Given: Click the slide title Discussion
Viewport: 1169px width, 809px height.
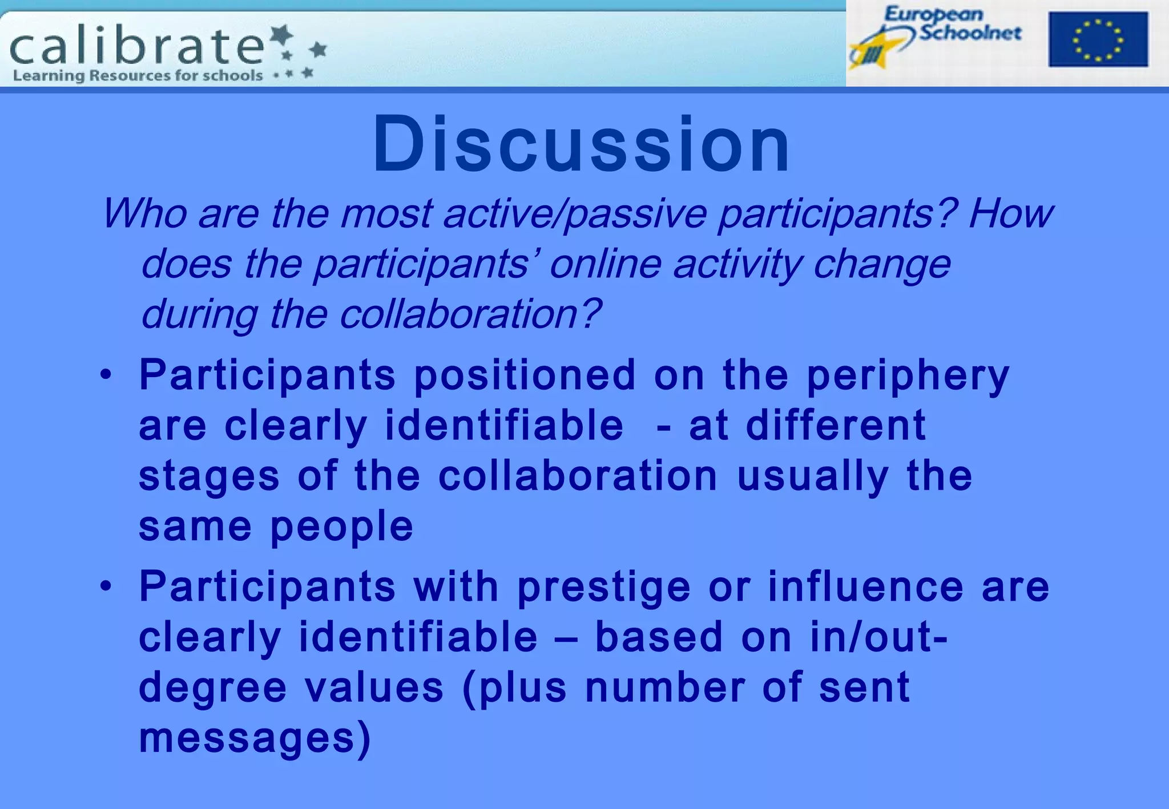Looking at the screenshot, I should click(581, 144).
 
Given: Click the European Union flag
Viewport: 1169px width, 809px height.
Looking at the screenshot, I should click(1098, 39).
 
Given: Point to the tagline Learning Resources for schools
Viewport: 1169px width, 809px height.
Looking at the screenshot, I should click(138, 75).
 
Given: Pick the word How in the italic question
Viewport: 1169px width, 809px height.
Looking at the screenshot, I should click(1010, 214).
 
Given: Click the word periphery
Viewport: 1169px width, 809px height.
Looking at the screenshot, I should click(908, 377).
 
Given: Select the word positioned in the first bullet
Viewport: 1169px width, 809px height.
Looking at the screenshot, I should click(525, 375).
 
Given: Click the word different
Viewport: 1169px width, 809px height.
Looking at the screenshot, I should click(836, 426).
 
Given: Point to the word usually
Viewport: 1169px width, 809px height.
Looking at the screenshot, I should click(813, 477).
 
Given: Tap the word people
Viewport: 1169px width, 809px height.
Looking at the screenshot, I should click(341, 527).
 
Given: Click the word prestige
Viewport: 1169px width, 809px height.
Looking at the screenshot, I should click(604, 588).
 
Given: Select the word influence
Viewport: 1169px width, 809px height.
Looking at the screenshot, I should click(865, 587).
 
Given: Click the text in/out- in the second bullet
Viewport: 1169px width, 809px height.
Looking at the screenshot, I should click(879, 637).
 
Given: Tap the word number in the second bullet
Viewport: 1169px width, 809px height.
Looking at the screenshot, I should click(666, 687).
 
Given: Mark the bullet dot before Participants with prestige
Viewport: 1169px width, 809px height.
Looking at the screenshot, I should click(106, 586).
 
